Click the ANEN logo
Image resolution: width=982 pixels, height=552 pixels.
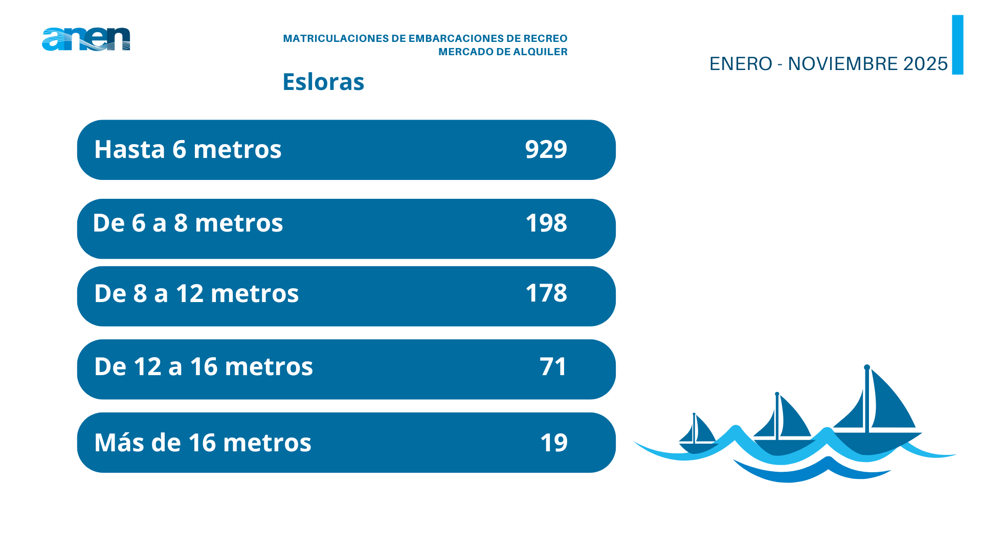86,39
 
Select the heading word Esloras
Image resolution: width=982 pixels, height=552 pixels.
323,82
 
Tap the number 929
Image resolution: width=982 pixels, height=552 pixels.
546,149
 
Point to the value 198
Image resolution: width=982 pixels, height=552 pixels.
546,223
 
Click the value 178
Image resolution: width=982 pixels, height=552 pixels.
546,293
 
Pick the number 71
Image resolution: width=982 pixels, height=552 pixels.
553,366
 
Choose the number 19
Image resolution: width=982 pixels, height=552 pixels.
553,443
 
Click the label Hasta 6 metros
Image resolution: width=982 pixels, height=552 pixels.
188,149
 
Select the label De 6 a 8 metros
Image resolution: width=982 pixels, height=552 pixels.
188,223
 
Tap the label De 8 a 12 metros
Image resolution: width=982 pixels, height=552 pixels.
196,293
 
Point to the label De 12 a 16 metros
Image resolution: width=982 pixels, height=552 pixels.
204,366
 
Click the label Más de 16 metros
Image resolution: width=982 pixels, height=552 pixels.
203,443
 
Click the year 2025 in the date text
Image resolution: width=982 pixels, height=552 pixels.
925,64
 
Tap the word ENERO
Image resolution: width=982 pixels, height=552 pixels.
741,64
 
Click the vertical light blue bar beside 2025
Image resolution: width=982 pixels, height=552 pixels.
957,45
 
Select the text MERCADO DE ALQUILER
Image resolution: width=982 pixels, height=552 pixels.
503,52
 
